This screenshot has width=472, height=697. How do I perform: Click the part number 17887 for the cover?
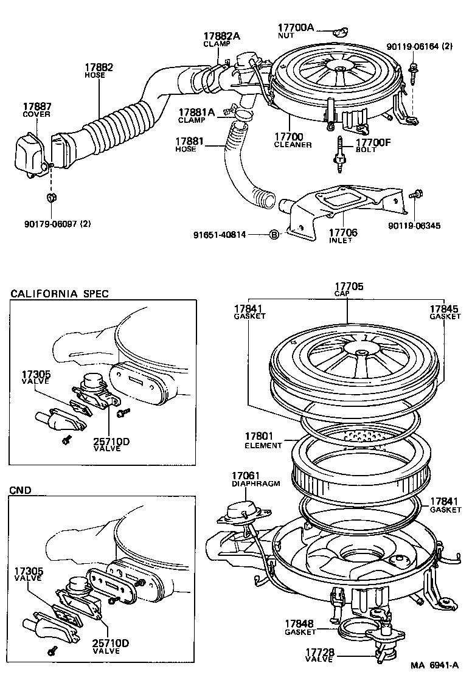36,106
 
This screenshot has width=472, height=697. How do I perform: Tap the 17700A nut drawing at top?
341,31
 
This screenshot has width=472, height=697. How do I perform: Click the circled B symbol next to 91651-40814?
274,235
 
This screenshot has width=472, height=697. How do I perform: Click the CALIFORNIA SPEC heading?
60,294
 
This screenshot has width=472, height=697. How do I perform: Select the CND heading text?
21,489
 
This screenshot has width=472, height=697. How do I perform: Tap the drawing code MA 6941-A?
434,682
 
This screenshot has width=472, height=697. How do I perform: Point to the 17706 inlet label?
343,232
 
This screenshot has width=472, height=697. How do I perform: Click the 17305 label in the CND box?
29,571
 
